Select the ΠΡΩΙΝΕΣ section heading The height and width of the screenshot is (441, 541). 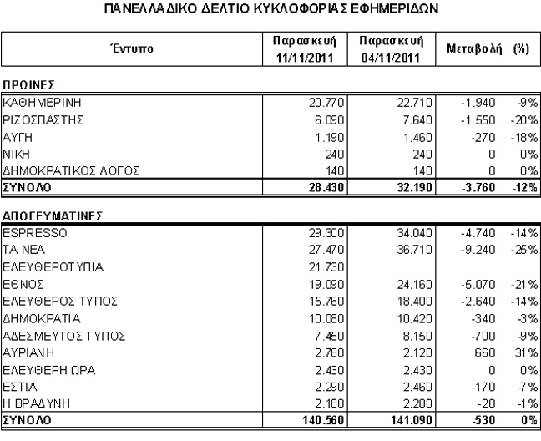[28, 86]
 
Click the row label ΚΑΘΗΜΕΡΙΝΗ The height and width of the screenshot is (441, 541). [39, 103]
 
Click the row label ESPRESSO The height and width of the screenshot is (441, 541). [34, 231]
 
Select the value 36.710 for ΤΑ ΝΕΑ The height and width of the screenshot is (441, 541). [399, 249]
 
